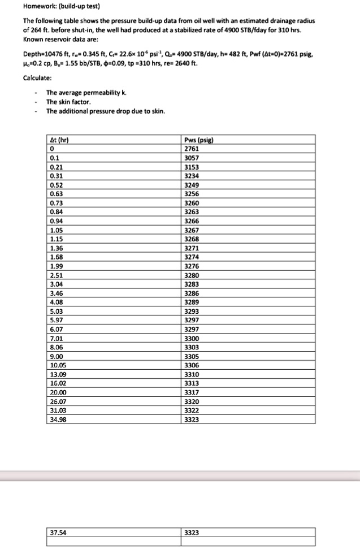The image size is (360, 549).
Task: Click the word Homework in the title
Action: [x=21, y=6]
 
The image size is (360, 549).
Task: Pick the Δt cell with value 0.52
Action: [x=56, y=185]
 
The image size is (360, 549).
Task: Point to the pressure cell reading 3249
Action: [x=192, y=185]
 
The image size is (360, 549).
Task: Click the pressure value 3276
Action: [x=192, y=266]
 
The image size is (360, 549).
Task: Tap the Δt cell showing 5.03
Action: [x=56, y=311]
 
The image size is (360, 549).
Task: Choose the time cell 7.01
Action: [x=56, y=338]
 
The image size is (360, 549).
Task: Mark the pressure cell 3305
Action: [x=192, y=356]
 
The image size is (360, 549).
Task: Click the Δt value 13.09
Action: [x=57, y=374]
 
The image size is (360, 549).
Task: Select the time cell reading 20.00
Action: [x=57, y=392]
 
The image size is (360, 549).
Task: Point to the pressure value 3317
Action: [x=192, y=392]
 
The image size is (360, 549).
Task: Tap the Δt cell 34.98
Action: [x=57, y=419]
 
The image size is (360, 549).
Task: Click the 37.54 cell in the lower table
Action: [x=58, y=532]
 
